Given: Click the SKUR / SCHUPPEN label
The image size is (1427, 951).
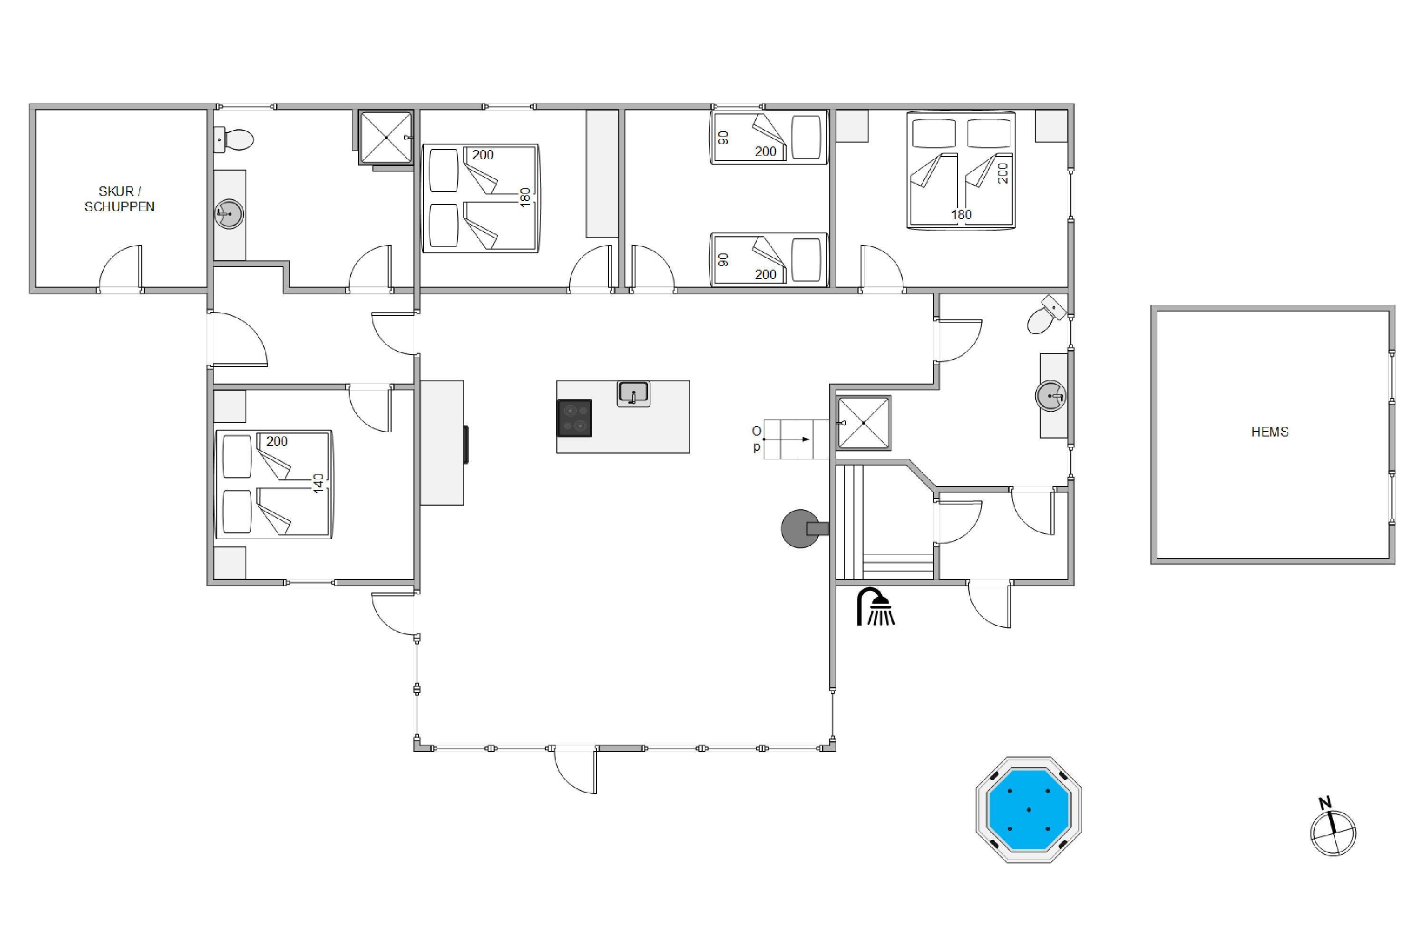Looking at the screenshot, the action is pyautogui.click(x=119, y=199).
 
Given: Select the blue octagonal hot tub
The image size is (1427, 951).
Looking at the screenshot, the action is pyautogui.click(x=1028, y=810).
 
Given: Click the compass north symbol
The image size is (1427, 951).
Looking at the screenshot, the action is pyautogui.click(x=1332, y=828).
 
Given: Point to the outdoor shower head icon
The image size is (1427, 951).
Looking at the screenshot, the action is pyautogui.click(x=875, y=607).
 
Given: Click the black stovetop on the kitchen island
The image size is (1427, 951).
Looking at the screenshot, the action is pyautogui.click(x=574, y=418).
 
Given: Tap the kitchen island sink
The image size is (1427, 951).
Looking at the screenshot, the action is pyautogui.click(x=634, y=394).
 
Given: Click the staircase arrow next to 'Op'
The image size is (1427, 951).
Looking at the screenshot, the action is pyautogui.click(x=786, y=439).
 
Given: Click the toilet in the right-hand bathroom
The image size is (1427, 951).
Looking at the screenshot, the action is pyautogui.click(x=1046, y=315).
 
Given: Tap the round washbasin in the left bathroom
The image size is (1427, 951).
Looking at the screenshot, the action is pyautogui.click(x=229, y=214).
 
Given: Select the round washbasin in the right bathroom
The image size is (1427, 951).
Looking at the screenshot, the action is pyautogui.click(x=1050, y=396).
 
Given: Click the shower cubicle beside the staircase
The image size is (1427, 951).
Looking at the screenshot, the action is pyautogui.click(x=863, y=423).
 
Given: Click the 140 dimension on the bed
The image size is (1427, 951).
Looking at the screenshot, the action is pyautogui.click(x=319, y=483).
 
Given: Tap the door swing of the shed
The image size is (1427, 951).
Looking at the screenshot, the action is pyautogui.click(x=120, y=267).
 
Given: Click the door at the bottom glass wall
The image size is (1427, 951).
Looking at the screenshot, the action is pyautogui.click(x=575, y=771).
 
